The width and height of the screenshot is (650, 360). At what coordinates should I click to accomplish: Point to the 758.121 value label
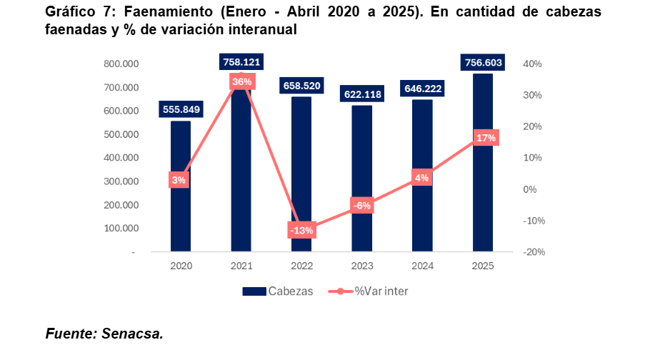coord(241,63)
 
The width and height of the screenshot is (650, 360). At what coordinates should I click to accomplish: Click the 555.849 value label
coord(181,110)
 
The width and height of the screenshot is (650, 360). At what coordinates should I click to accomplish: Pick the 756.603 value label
coord(483,63)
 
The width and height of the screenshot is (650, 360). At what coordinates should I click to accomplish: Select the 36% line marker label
coord(241,81)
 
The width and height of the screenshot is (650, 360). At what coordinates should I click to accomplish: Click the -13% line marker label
coord(301,230)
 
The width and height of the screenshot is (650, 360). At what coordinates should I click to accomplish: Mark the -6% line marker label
coord(361,206)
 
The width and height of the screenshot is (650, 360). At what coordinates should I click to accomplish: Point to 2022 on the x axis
coord(301,266)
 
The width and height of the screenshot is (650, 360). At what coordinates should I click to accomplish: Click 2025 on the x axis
coord(482,266)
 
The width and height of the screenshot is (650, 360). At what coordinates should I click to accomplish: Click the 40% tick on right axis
coord(533,64)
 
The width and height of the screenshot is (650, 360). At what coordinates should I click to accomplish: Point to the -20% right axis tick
coord(534,252)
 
